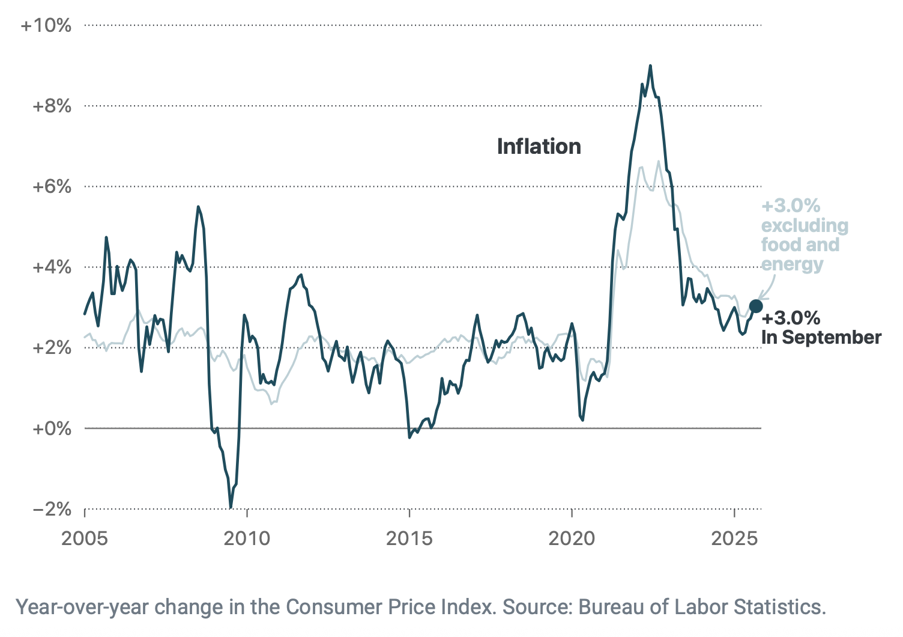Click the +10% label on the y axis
coord(46,25)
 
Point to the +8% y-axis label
coord(52,106)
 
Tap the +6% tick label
coord(52,187)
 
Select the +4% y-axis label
coord(52,267)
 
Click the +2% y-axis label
coord(52,348)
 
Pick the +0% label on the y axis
coord(52,428)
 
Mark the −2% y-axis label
coord(52,510)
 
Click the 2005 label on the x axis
coord(85,538)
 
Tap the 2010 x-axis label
coord(247,538)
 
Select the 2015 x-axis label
coord(409,538)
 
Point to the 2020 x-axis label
coord(572,538)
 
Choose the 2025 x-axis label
coord(734,538)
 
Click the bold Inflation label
coord(539,147)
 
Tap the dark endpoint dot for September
coord(756,306)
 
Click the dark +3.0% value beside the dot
coord(791,318)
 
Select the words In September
coord(821,337)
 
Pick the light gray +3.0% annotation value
coord(791,206)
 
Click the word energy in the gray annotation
coord(792,264)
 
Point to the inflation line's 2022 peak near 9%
coord(650,66)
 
